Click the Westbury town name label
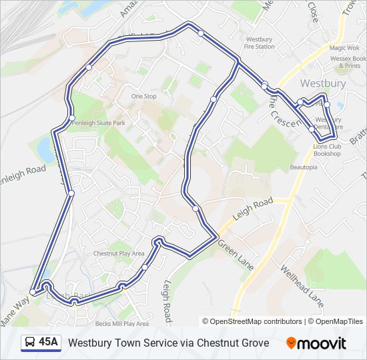[x=323, y=83]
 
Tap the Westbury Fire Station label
[x=260, y=43]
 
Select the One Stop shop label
[x=143, y=97]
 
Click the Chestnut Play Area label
[x=119, y=253]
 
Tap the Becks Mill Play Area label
[x=121, y=323]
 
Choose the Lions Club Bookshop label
[x=327, y=150]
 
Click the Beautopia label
[x=304, y=167]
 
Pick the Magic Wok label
[x=344, y=48]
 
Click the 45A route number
[x=48, y=343]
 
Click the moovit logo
[x=316, y=343]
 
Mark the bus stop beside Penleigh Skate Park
[x=72, y=119]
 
